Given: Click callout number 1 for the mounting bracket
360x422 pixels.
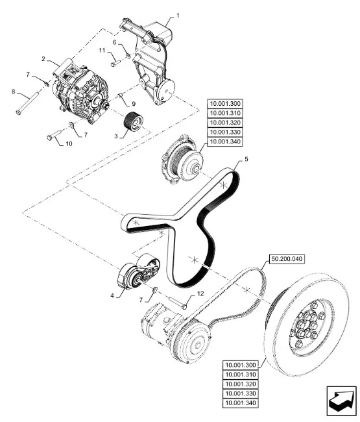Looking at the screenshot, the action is point(178,16).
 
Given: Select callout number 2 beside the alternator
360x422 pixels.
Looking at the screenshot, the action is point(43,58).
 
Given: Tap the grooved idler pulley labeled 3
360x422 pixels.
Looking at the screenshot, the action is point(134,121).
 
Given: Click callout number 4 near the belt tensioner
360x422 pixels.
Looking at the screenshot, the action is point(112,295).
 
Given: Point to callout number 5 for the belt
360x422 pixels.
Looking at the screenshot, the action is point(246,159).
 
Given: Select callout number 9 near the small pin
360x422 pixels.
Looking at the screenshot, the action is point(134,104).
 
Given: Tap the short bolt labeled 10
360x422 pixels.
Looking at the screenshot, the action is point(54,135).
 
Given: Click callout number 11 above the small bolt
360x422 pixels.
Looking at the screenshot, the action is point(102,51).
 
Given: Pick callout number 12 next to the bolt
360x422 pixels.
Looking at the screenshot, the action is point(200,293).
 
